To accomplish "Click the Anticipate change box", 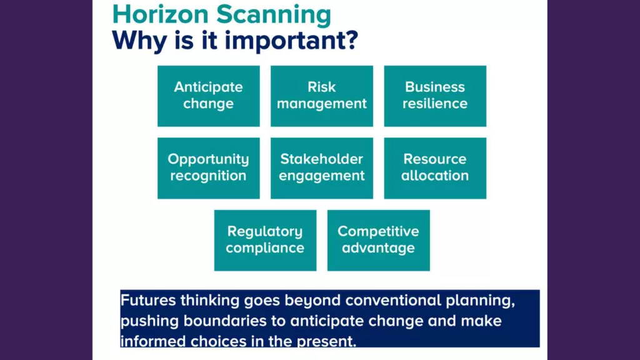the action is [x=209, y=96].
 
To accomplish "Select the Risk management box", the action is [x=322, y=96].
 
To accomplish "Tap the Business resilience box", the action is [x=435, y=96].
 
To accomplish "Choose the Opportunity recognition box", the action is [x=209, y=168].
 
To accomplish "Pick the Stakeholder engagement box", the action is [x=322, y=168].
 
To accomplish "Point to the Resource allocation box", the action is [x=435, y=168].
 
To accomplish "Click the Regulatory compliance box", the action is [x=265, y=241].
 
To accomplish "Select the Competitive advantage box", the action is [x=378, y=241].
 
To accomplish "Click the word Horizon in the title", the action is [x=161, y=15].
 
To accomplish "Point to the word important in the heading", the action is [x=291, y=41].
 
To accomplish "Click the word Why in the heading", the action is [x=138, y=41].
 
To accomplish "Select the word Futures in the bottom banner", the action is [x=148, y=301].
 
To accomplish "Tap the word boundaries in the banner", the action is [x=225, y=321].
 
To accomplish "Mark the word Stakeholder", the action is [x=322, y=159].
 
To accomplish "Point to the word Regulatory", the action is [x=265, y=232].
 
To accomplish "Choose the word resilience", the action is [x=435, y=103].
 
